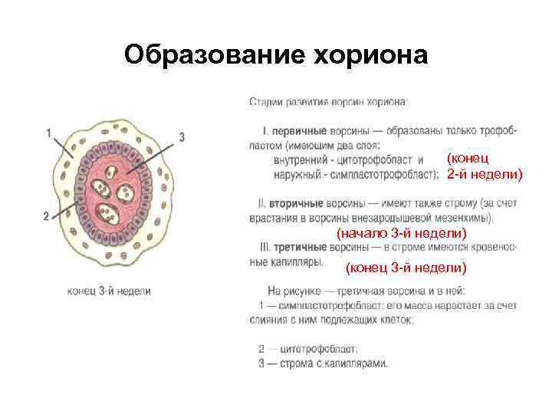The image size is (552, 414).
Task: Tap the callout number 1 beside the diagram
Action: click(49, 133)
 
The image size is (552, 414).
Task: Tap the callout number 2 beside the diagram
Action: click(47, 217)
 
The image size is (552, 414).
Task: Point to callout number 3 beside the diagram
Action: click(182, 136)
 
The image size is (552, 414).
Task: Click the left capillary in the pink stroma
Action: click(100, 187)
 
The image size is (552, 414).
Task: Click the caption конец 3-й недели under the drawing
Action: click(109, 291)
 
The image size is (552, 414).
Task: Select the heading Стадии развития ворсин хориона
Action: click(329, 101)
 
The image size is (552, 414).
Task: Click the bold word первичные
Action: click(296, 131)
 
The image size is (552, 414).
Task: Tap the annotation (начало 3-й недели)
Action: click(401, 232)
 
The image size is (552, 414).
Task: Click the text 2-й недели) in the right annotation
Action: click(485, 174)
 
